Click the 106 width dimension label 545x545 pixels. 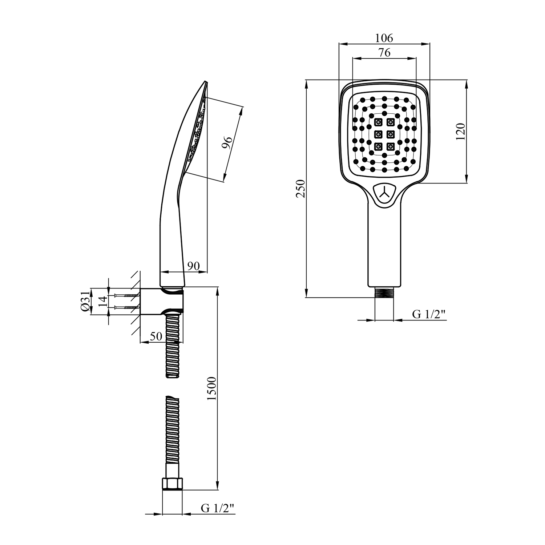tap(384, 37)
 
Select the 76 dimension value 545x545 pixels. tap(384, 53)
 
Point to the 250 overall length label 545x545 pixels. tap(300, 188)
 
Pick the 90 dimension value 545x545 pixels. tap(193, 266)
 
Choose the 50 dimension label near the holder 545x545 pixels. tap(156, 336)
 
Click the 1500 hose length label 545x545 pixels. tap(211, 388)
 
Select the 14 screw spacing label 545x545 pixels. tap(103, 301)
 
